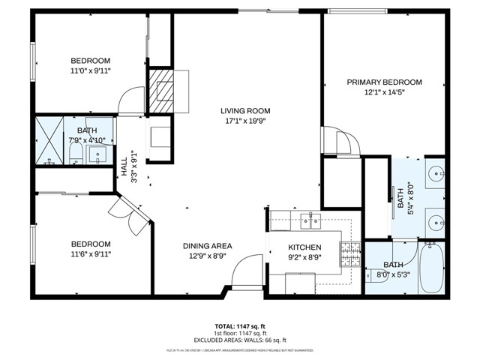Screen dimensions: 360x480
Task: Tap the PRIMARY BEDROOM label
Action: tap(384, 82)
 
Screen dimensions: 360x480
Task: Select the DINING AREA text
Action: tap(208, 246)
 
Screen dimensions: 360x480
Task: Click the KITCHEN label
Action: tap(305, 247)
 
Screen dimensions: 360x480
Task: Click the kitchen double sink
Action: tap(310, 220)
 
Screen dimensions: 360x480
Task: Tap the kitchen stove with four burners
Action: tap(350, 254)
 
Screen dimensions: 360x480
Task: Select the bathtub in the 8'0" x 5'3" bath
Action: tap(430, 268)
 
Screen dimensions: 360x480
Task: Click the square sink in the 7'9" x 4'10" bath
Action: tap(99, 155)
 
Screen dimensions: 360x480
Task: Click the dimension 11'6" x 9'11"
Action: tap(91, 254)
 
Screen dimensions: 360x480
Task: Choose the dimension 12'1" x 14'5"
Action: tap(384, 93)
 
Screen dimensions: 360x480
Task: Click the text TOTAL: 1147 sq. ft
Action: tap(239, 326)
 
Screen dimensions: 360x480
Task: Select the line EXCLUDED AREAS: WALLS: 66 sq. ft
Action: tap(239, 340)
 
